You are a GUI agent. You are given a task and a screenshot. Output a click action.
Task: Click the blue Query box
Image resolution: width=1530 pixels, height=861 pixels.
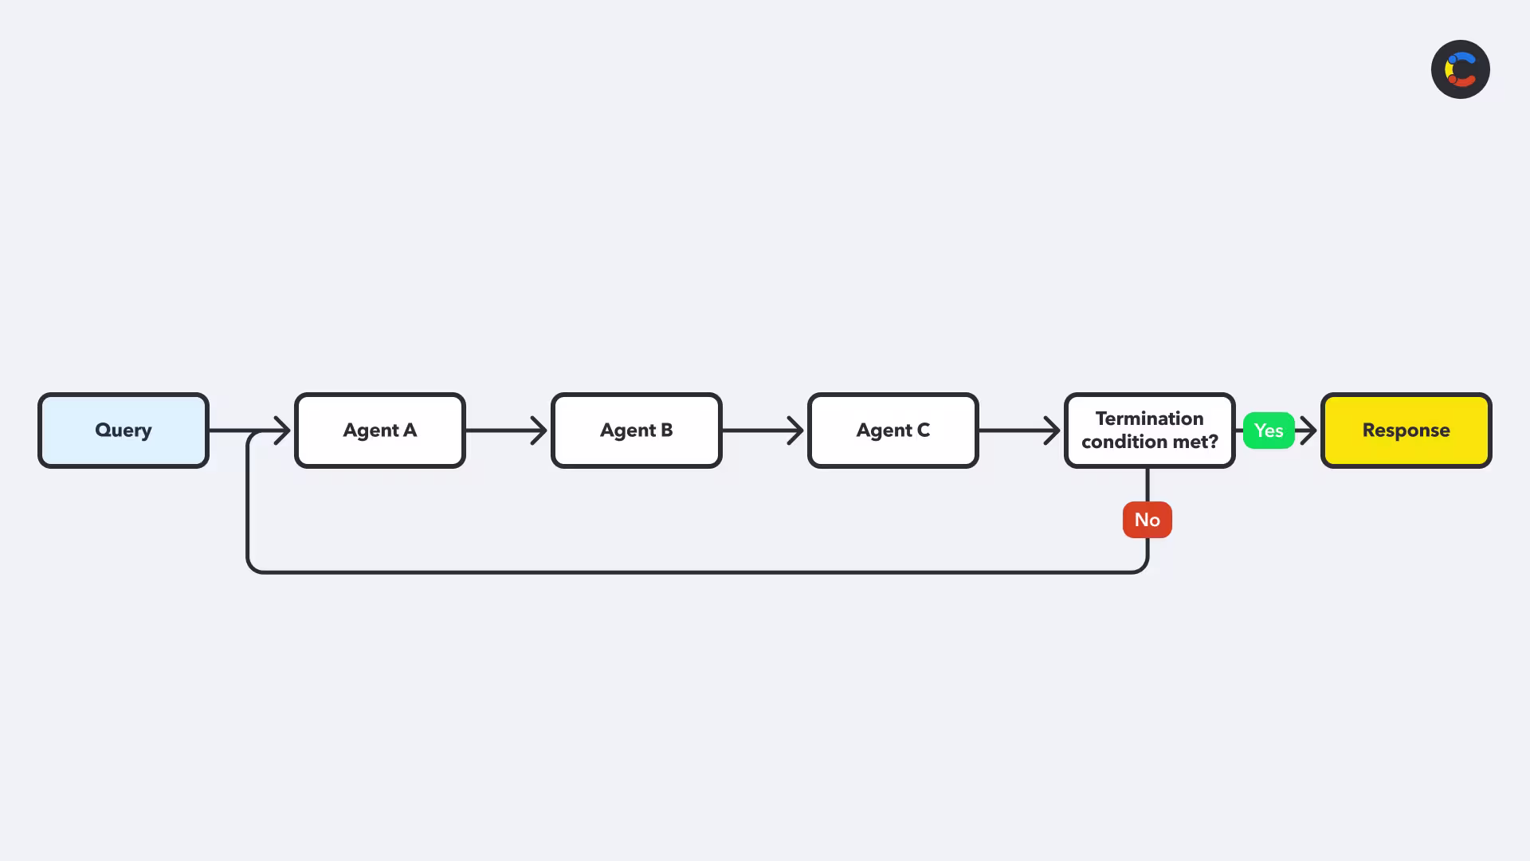(124, 431)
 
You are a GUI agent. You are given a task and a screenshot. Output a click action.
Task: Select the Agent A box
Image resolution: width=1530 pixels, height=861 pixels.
(380, 431)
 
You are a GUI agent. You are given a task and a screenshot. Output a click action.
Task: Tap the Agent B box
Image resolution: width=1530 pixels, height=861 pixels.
(637, 431)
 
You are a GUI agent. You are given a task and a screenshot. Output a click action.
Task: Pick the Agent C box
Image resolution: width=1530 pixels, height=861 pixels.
(893, 431)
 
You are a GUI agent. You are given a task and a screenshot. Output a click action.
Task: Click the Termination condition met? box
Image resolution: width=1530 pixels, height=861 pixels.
(1150, 431)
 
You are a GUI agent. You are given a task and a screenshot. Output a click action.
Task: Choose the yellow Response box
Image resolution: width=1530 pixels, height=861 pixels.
(1406, 431)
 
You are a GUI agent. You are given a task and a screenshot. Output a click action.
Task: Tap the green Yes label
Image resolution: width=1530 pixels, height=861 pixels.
(1269, 431)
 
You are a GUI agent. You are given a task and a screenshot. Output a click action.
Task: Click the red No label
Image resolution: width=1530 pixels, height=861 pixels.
(1147, 520)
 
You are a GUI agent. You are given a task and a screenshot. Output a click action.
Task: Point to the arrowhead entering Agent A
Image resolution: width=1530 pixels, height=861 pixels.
(283, 431)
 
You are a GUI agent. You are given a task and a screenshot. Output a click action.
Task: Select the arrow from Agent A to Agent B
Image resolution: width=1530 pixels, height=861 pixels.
(507, 431)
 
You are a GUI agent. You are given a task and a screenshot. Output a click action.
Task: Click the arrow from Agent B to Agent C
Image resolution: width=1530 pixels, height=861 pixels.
(763, 431)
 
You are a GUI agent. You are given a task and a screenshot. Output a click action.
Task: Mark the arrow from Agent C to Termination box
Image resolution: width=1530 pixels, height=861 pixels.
(1020, 431)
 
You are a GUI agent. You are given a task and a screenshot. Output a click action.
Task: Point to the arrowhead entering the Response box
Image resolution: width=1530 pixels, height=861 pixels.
(1308, 431)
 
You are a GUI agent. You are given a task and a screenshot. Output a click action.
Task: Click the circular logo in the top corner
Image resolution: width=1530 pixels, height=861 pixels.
(1461, 69)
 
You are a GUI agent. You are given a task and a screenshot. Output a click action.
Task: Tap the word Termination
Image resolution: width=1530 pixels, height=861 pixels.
(1149, 419)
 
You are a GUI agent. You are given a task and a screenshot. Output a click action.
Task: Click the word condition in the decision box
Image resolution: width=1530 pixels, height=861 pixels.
(1120, 442)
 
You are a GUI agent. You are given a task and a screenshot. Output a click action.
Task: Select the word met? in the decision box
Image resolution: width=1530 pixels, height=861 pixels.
(1191, 442)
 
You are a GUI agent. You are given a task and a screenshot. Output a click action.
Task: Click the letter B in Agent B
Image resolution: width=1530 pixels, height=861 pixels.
(666, 431)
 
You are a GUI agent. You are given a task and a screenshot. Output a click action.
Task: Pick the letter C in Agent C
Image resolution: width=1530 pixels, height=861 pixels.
(923, 431)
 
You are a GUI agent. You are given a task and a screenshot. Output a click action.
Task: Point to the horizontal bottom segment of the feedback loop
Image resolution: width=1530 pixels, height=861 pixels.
(697, 572)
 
